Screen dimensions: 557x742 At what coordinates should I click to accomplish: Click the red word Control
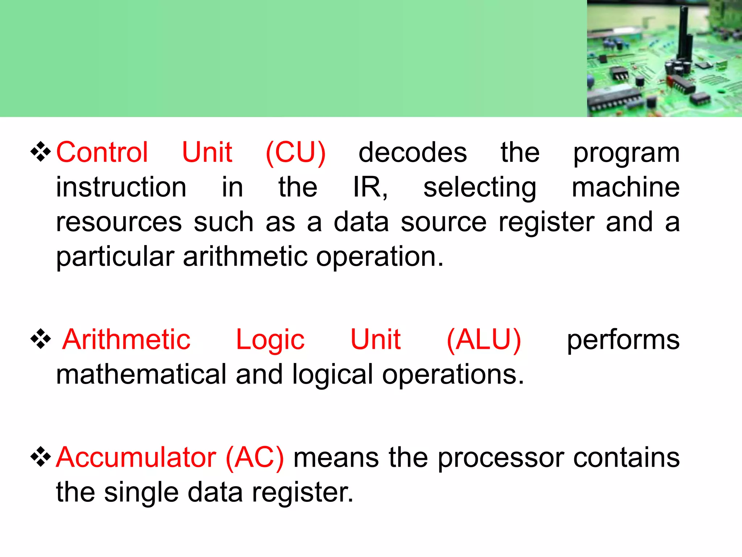pyautogui.click(x=102, y=152)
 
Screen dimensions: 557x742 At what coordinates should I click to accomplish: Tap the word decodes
pyautogui.click(x=412, y=152)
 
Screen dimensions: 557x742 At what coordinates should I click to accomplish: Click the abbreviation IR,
pyautogui.click(x=370, y=187)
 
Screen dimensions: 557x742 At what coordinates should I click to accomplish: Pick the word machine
pyautogui.click(x=625, y=187)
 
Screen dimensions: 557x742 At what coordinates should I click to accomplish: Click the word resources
pyautogui.click(x=119, y=222)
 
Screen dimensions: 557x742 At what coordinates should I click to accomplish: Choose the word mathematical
pyautogui.click(x=141, y=375)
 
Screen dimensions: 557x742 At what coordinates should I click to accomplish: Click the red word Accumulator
pyautogui.click(x=136, y=457)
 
